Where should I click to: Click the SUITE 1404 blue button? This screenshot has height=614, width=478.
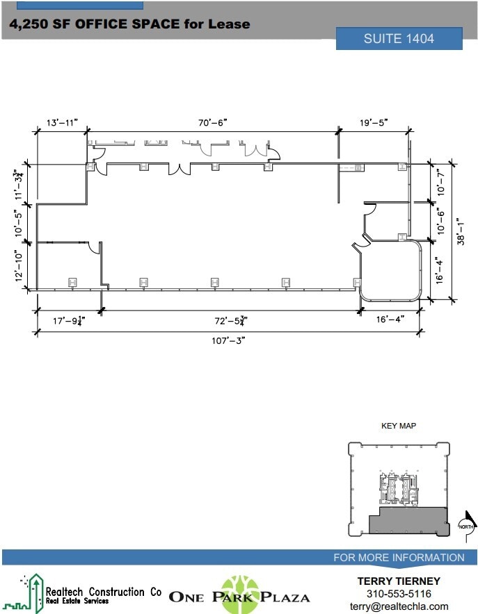point(399,39)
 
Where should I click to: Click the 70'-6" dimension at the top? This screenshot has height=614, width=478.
point(212,122)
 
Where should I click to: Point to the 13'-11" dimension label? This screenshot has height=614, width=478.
point(61,122)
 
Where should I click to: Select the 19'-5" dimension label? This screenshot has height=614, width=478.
point(374,122)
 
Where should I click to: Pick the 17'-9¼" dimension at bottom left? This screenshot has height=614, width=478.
point(69,320)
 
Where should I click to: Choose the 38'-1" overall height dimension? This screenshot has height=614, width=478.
point(460,232)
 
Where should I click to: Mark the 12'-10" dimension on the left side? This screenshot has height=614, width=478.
point(20,265)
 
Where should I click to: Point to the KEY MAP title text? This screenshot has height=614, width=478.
point(398,426)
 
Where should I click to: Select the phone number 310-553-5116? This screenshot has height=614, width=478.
point(399,594)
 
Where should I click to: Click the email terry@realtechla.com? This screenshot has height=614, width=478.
point(399,606)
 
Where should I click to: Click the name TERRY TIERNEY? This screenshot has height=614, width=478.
point(399,581)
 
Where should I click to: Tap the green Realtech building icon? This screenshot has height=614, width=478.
point(32,594)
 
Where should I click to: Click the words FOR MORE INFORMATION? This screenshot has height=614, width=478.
point(399,558)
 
